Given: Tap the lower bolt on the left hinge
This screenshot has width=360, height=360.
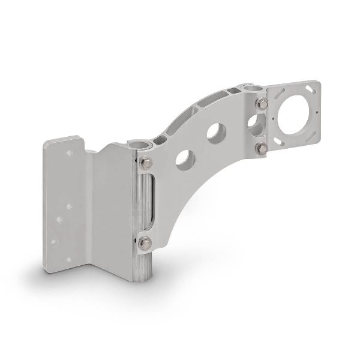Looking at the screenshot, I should point(146,243).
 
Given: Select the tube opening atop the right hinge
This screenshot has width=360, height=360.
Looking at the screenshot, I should point(253,88).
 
